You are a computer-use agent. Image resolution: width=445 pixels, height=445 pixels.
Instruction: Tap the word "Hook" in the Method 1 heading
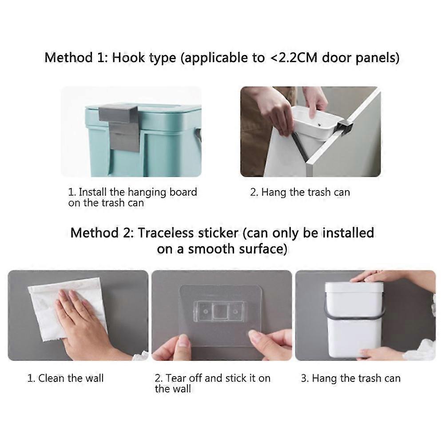click(128, 58)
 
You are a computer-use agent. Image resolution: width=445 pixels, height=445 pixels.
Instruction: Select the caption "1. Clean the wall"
click(65, 378)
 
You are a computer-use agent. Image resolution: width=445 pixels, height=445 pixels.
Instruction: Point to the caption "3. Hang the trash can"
click(350, 378)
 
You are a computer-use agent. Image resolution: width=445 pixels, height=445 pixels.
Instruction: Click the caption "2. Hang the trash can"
click(300, 192)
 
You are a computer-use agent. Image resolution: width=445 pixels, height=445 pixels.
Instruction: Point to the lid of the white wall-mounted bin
click(354, 288)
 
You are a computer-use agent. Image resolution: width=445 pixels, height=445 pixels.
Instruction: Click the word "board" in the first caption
click(183, 192)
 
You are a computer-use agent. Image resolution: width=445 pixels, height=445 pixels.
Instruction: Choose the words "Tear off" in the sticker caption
click(184, 378)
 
